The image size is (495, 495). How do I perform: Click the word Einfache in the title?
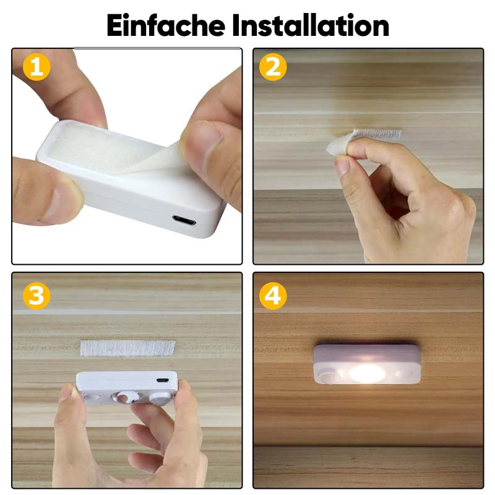(165, 25)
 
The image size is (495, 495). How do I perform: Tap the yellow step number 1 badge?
(36, 67)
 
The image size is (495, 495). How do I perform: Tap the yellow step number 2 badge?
(273, 67)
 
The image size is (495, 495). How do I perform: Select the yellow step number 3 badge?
(36, 296)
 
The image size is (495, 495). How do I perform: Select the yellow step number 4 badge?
(273, 296)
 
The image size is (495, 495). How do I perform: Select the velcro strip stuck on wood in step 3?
(127, 348)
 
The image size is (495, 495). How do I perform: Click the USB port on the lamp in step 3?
(162, 380)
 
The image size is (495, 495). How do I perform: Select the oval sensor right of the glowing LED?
(404, 374)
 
